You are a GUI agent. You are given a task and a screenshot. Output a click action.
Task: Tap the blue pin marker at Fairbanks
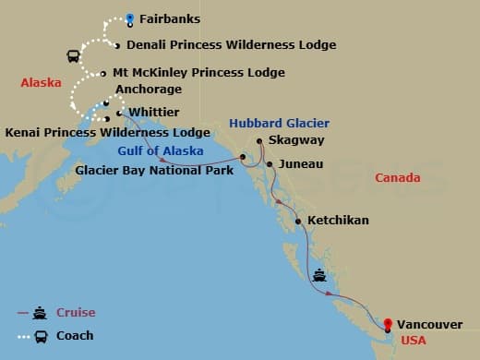[x=130, y=18]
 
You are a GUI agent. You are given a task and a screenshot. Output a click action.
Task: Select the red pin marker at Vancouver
[x=389, y=324]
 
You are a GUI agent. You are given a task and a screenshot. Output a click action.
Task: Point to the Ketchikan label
[x=338, y=221]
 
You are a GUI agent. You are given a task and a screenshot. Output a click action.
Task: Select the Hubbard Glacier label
[x=279, y=123]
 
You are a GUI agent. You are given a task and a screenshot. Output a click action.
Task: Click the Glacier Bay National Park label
[x=155, y=171]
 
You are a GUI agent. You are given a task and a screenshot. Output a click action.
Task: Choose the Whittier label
[x=153, y=112]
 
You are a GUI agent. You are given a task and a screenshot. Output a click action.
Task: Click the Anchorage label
[x=149, y=90]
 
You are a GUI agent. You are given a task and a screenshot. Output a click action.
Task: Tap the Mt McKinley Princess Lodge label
[x=198, y=72]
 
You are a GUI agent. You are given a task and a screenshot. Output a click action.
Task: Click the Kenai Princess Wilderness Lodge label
[x=107, y=132]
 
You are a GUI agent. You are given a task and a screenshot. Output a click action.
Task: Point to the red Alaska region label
[x=41, y=83]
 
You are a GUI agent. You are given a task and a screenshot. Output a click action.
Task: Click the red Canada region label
[x=397, y=177]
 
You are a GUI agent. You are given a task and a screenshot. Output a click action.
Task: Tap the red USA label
[x=414, y=341]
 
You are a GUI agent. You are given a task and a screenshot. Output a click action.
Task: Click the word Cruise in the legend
[x=75, y=313]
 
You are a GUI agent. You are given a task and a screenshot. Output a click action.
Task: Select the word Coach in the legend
[x=75, y=335]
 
